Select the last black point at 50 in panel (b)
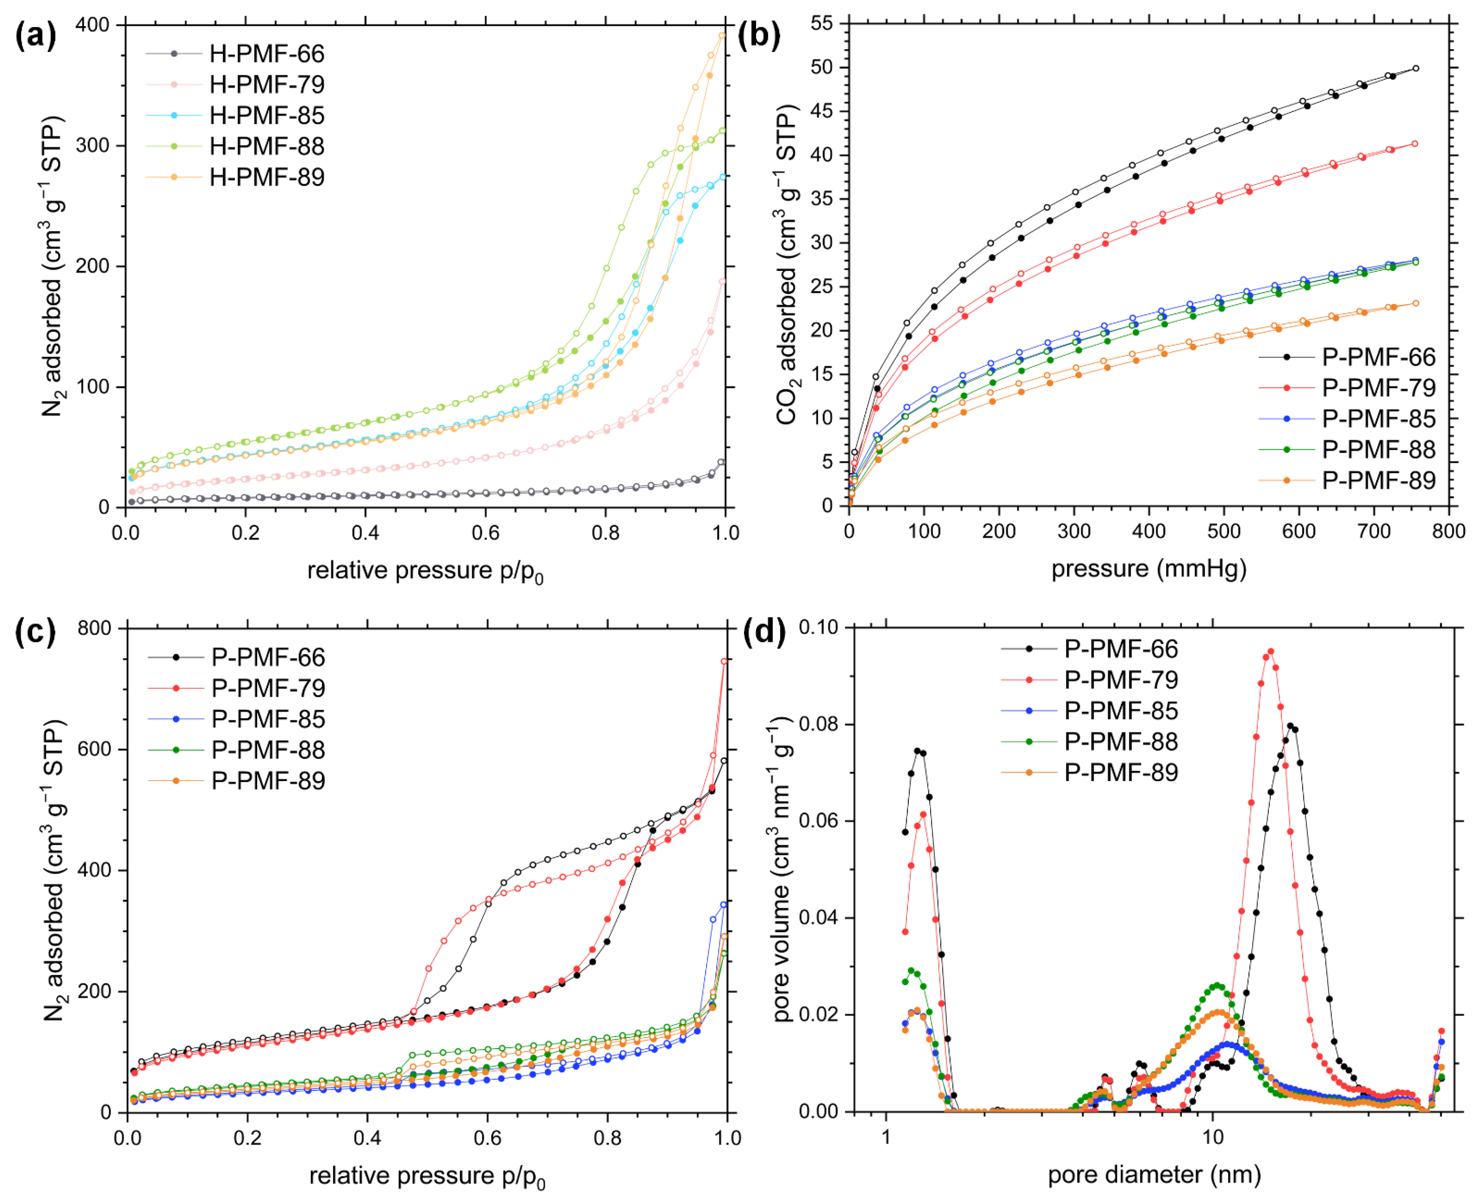coord(1416,69)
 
